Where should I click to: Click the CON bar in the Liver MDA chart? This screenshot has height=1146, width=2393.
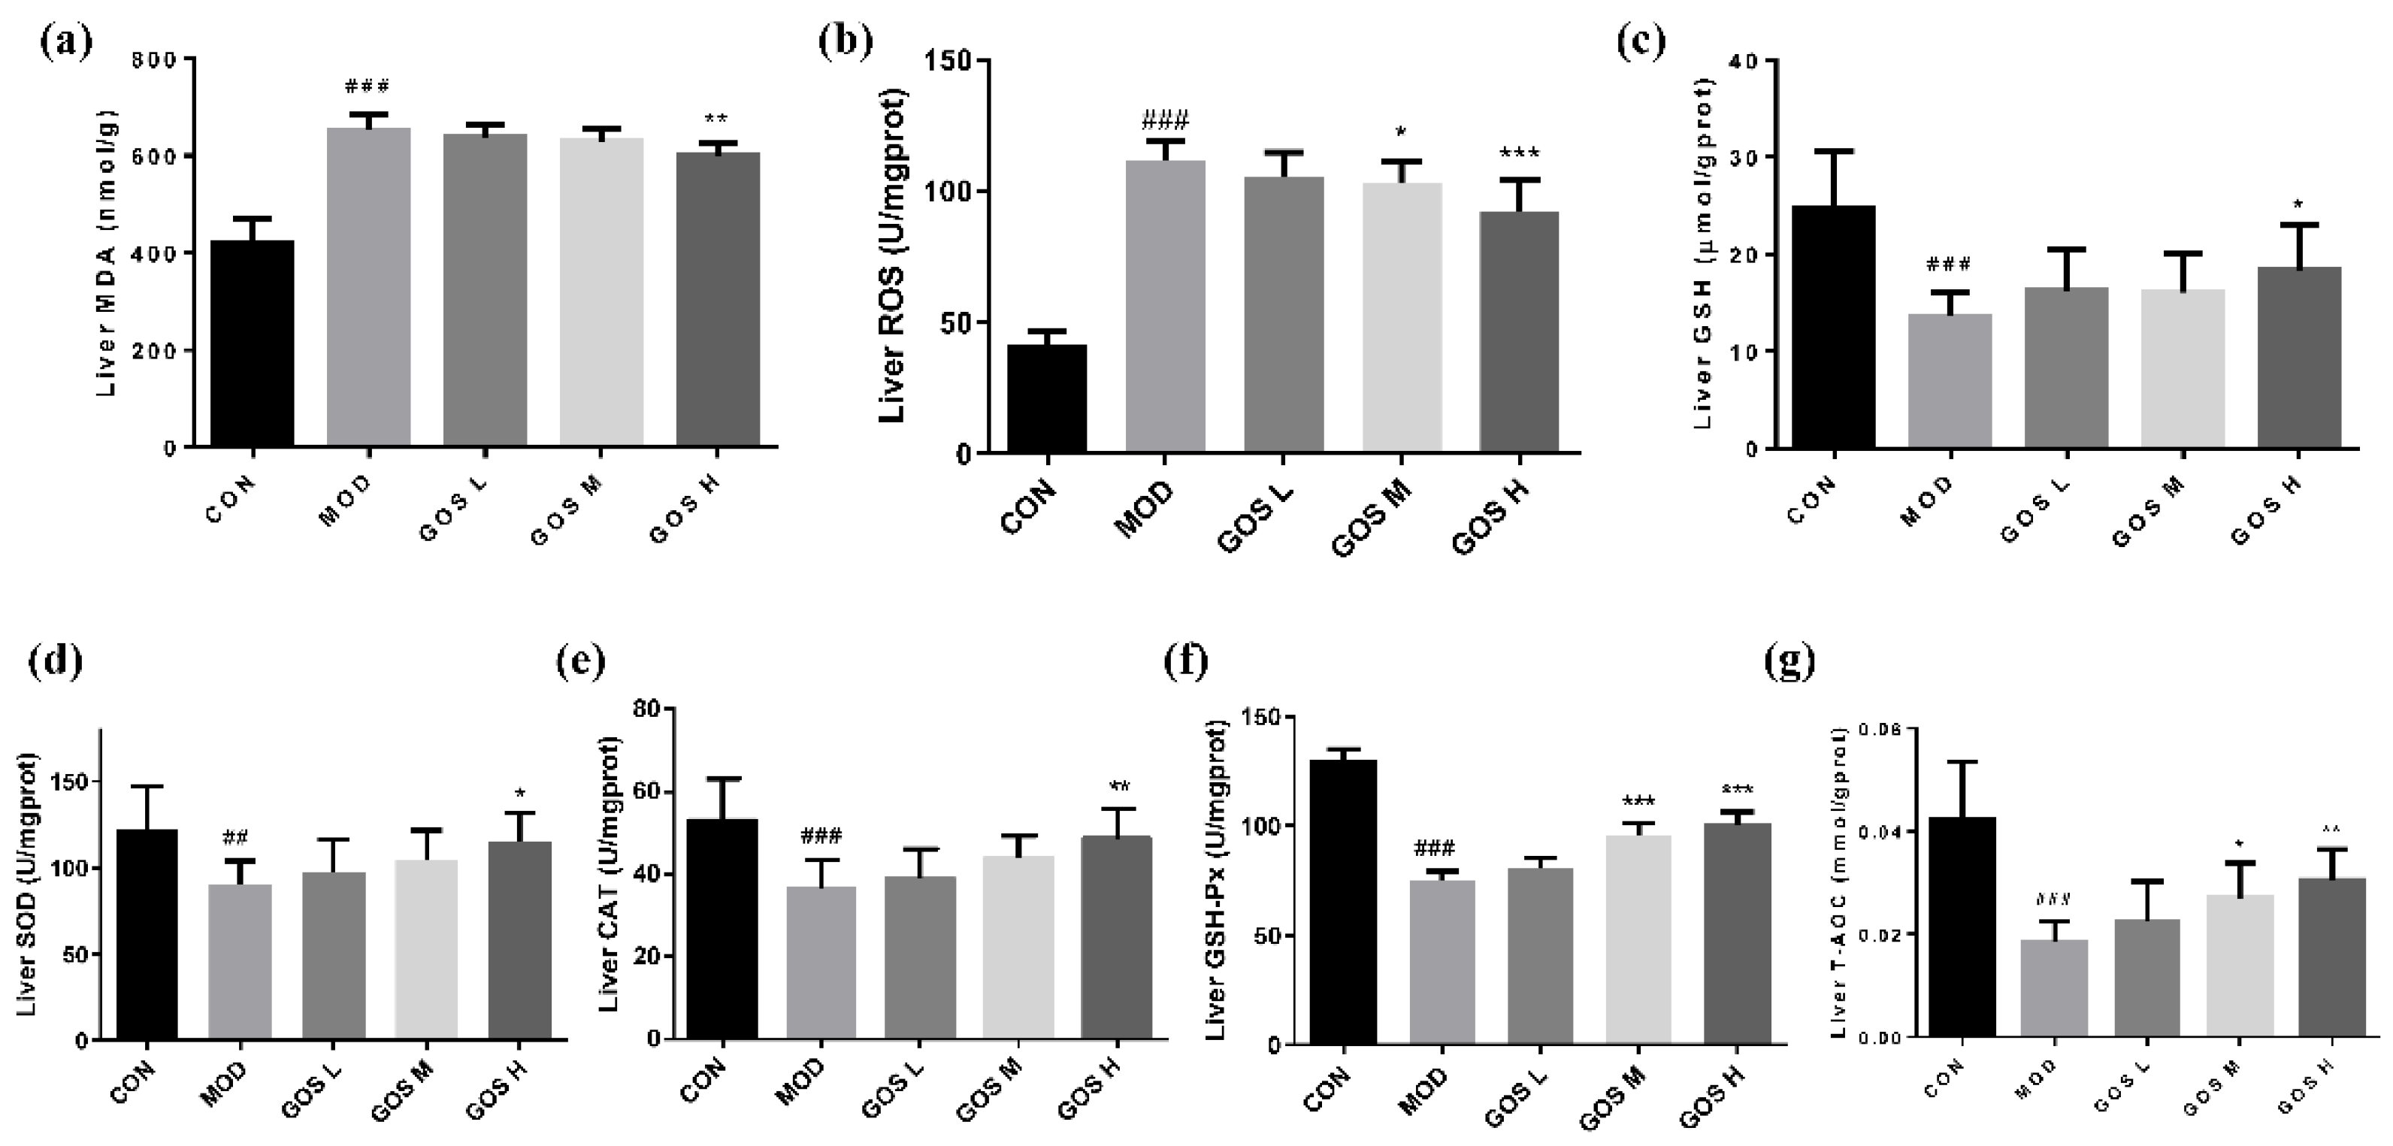[x=253, y=343]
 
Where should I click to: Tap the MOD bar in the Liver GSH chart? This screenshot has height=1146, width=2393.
[x=1950, y=381]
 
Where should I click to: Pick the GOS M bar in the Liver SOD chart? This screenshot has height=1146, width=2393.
[x=425, y=948]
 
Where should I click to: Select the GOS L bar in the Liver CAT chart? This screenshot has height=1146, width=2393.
[x=920, y=957]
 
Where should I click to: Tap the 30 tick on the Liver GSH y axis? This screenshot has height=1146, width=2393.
[x=1743, y=157]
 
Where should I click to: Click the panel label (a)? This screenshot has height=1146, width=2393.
[x=67, y=42]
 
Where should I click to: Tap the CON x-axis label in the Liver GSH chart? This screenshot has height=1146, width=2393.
[x=1811, y=500]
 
